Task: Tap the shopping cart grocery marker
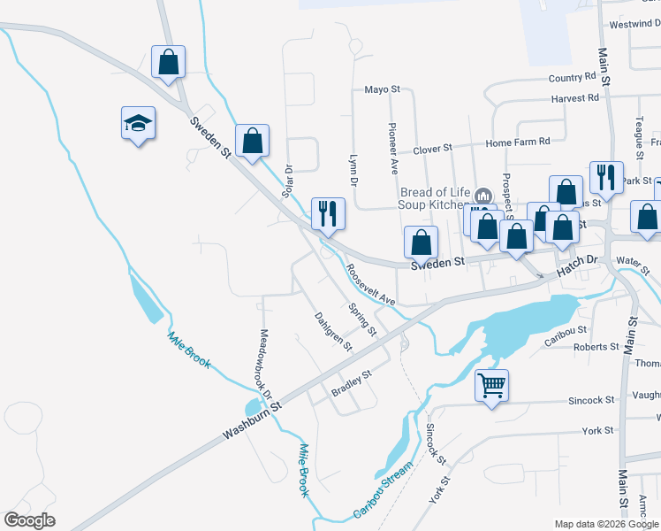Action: (491, 385)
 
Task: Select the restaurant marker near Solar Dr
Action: (327, 212)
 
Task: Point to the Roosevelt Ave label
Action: (370, 285)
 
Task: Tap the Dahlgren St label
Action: (334, 330)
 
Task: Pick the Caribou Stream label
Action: (383, 490)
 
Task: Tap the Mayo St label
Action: (383, 89)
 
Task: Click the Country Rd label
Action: (572, 79)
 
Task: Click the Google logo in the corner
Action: (30, 520)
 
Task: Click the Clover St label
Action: (433, 147)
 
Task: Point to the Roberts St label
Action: (596, 347)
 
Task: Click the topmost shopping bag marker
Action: (168, 62)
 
